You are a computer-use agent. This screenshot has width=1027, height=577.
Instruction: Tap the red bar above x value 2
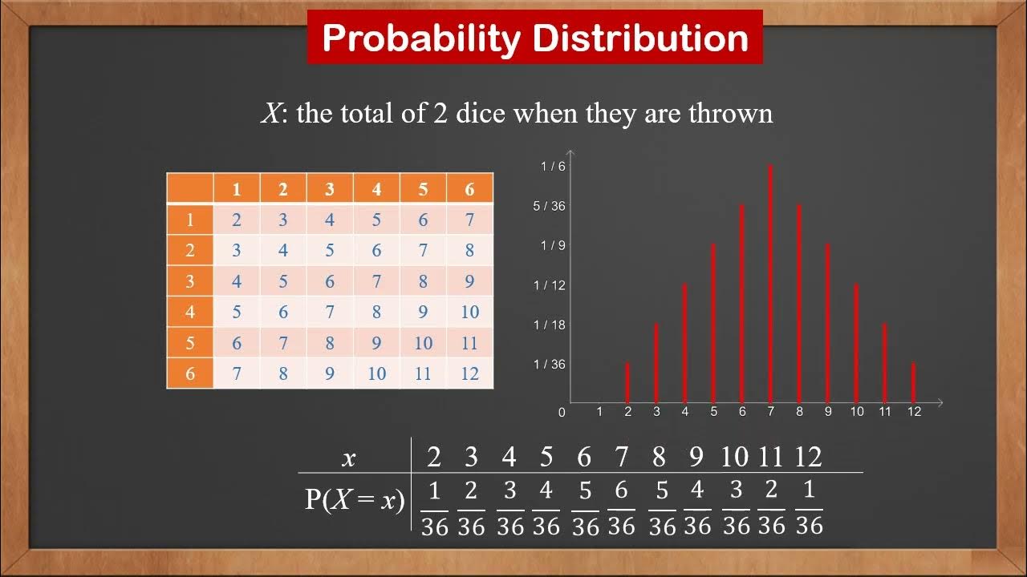point(627,382)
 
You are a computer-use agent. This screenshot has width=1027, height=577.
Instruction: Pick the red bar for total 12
point(914,382)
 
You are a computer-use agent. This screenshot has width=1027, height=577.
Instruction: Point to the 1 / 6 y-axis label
point(553,167)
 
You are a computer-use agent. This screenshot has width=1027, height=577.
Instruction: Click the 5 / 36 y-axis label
point(550,206)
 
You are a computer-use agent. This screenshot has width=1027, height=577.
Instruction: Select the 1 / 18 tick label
point(550,325)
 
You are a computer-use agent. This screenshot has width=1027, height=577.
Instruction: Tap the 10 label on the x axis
point(857,412)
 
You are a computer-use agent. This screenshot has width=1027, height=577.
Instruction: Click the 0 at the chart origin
point(562,413)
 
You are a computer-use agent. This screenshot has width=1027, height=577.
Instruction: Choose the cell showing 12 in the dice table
point(469,373)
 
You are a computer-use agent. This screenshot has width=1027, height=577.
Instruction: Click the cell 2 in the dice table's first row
point(237,220)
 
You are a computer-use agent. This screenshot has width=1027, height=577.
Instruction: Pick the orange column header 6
point(469,190)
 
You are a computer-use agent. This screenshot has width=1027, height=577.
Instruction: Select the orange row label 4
point(190,312)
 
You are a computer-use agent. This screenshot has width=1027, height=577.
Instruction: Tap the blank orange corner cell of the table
point(190,189)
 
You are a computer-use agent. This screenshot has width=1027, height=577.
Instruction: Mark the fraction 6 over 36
point(621,508)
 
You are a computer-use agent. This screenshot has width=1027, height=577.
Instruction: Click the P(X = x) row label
point(354,500)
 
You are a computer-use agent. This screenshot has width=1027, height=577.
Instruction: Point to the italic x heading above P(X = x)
point(348,458)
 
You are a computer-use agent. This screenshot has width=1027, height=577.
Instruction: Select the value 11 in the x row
point(770,457)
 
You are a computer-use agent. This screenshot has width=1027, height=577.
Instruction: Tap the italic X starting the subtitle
point(270,113)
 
